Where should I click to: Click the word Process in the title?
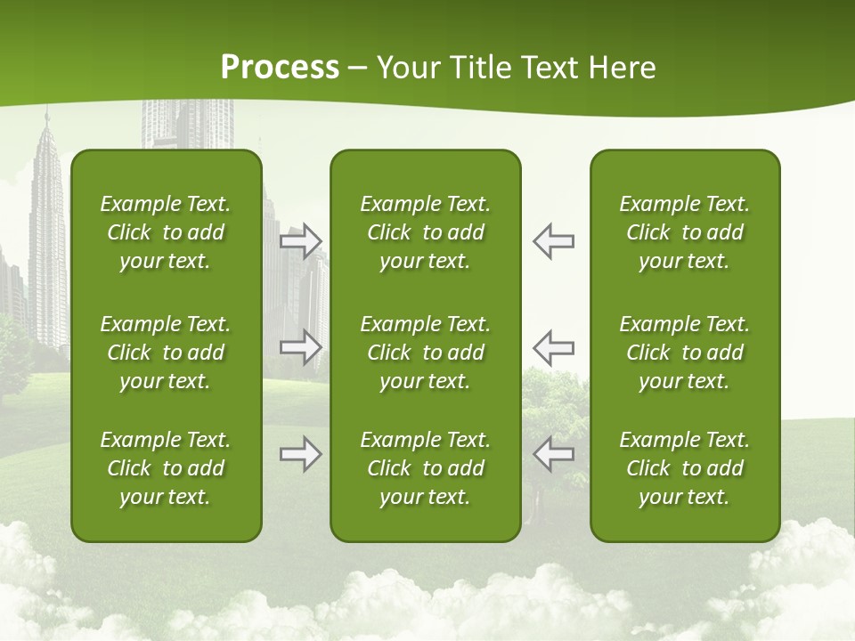280,68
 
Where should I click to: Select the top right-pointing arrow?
301,241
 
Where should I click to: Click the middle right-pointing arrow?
301,347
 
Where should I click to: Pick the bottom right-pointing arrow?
301,454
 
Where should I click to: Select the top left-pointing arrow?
553,241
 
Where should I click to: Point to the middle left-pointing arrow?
553,347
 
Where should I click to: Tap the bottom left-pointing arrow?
553,454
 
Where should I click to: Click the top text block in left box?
166,232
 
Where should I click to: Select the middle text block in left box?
166,353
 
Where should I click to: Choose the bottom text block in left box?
166,468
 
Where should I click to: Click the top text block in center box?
425,232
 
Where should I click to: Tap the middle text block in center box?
425,353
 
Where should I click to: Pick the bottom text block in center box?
425,468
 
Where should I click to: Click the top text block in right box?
684,232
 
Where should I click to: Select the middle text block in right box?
684,353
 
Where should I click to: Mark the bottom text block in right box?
684,468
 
